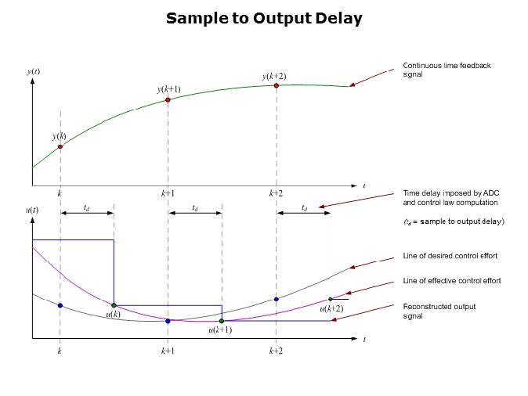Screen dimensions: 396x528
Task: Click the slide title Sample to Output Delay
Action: point(264,18)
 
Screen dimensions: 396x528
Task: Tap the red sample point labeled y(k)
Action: point(60,146)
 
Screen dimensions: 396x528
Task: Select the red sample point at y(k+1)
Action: point(168,100)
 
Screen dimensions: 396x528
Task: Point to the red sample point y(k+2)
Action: point(277,85)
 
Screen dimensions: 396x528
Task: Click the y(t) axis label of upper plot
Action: point(34,72)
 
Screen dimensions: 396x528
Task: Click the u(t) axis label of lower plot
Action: point(33,210)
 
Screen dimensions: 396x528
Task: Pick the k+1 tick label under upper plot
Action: point(168,193)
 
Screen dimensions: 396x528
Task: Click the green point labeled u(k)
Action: point(114,305)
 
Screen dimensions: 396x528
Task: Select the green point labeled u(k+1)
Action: point(222,321)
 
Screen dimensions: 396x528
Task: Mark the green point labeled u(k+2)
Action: point(331,299)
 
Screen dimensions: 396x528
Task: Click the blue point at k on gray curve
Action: point(60,305)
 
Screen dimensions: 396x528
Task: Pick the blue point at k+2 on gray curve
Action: point(277,299)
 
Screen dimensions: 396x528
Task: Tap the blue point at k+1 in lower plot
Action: point(168,321)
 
